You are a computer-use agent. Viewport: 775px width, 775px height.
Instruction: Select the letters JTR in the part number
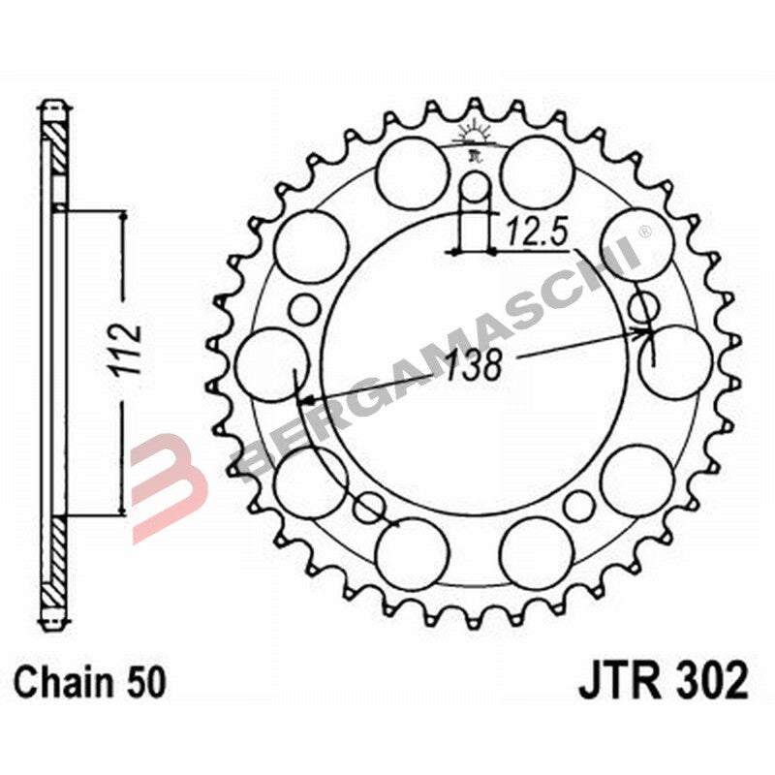coord(616,680)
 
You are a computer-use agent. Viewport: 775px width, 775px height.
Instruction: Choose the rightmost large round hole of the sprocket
coord(674,360)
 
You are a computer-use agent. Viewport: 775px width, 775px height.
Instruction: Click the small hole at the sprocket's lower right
coord(578,504)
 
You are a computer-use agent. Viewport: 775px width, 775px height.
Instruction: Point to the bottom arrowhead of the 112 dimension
coord(122,508)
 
